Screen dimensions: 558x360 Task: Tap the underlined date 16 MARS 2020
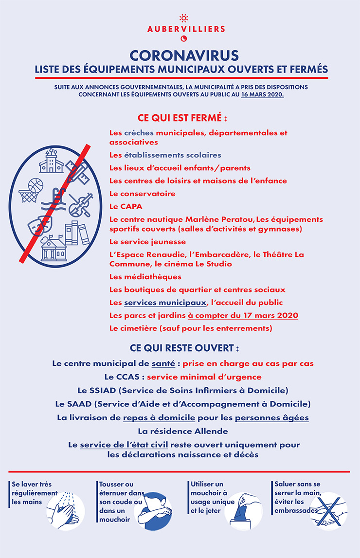click(x=262, y=94)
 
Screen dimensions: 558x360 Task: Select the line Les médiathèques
click(x=145, y=277)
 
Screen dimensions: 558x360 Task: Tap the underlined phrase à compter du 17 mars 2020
click(x=243, y=315)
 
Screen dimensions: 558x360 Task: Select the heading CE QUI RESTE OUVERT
click(x=184, y=349)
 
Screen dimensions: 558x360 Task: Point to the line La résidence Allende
click(x=183, y=431)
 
